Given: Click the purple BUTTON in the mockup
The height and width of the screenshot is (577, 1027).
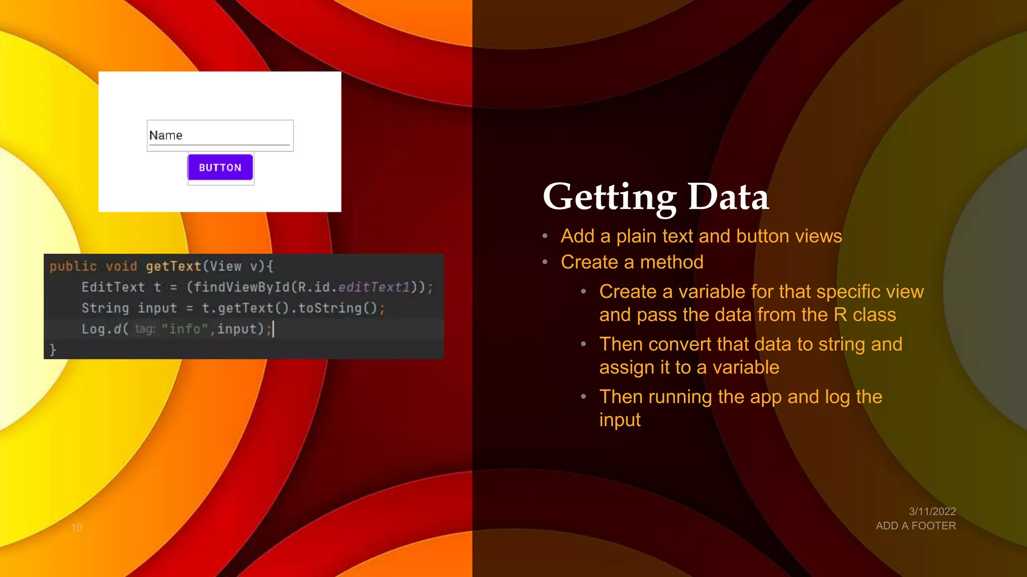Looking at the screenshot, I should (x=220, y=167).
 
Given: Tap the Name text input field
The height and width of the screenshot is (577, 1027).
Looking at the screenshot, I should (x=220, y=135).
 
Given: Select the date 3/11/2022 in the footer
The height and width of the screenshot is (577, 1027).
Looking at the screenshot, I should (x=932, y=511).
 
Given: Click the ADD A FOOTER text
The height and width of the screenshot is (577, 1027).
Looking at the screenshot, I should (x=916, y=526).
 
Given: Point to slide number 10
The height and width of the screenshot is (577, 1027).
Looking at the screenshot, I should (x=77, y=527).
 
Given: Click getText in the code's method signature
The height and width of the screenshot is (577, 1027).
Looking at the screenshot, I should (x=174, y=266).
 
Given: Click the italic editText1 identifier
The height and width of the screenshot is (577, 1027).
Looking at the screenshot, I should (x=374, y=287).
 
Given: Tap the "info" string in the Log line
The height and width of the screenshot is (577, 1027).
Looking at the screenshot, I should (x=185, y=329).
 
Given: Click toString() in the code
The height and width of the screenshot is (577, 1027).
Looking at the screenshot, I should (x=337, y=308).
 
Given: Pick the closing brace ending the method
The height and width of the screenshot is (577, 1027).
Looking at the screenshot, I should (x=53, y=349).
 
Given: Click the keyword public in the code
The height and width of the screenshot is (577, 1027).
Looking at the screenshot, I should (x=73, y=266).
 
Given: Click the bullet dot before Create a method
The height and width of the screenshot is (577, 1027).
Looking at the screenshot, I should (x=545, y=262).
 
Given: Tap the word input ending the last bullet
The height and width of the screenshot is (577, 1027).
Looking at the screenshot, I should (x=620, y=420).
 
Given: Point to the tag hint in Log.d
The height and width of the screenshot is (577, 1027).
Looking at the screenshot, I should (x=145, y=329).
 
